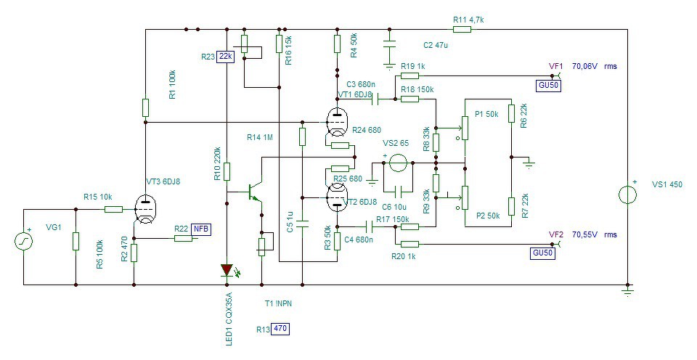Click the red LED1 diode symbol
(227, 270)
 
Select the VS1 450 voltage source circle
(627, 195)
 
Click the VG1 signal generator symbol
(24, 242)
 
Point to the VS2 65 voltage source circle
(398, 163)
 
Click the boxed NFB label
(201, 229)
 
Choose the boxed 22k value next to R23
(225, 57)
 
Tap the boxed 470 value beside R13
(280, 329)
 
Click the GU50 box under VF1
(549, 86)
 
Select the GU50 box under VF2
(544, 253)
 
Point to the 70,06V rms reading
(595, 67)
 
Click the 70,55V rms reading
(595, 234)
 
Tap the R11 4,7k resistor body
(462, 30)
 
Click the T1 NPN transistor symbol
(254, 191)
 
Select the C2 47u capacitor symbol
(389, 48)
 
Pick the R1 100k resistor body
(145, 107)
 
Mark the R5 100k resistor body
(76, 241)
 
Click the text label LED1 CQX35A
(229, 319)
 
